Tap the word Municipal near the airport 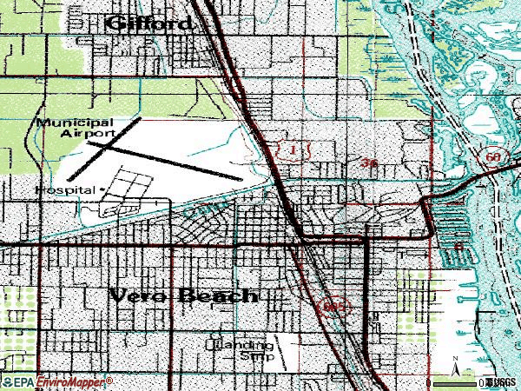74,123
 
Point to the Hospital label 66,189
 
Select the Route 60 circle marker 493,157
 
